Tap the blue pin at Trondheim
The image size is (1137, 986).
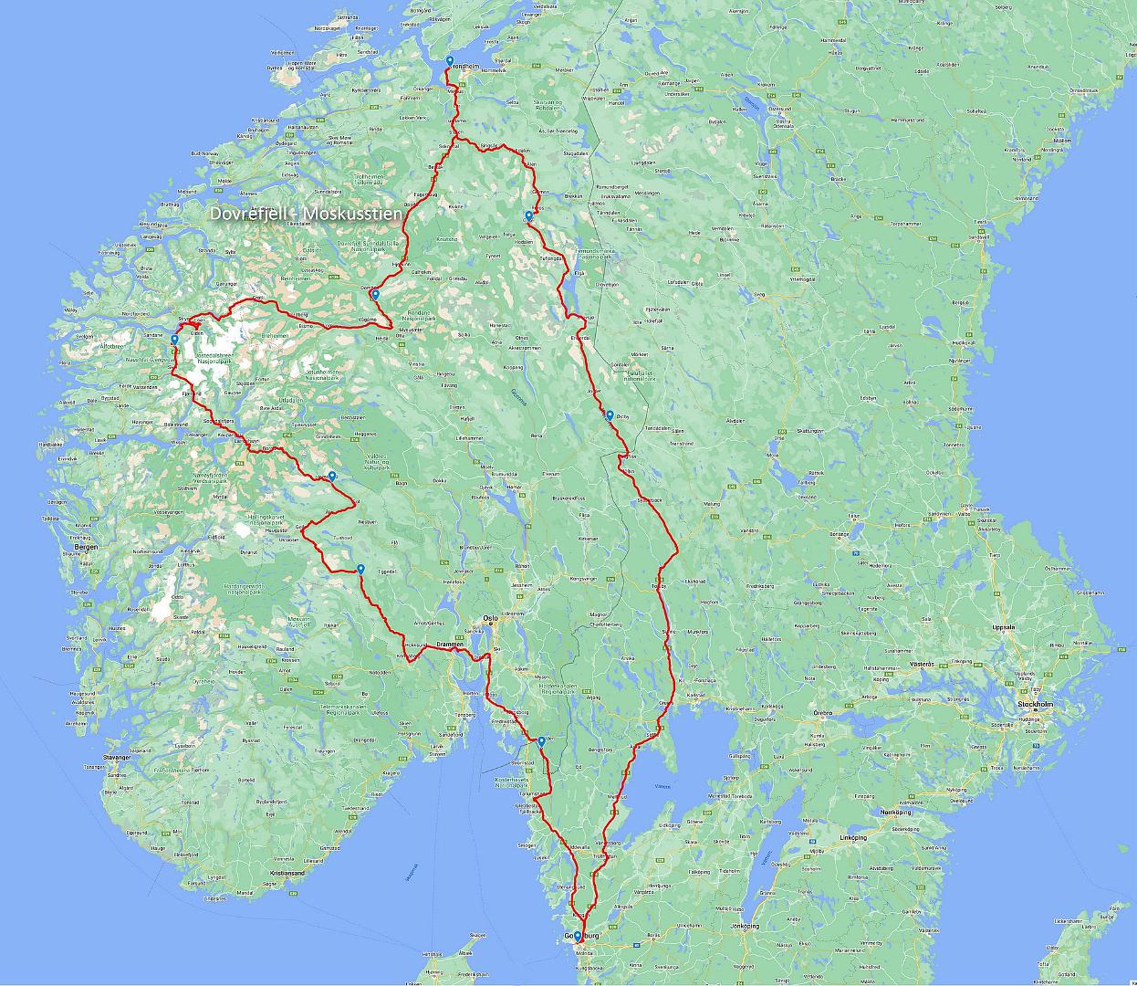coord(450,62)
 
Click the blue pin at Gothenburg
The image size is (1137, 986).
coord(578,936)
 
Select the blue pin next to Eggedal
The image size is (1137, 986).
coord(361,569)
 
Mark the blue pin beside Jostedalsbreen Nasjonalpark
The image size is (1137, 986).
coord(174,340)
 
